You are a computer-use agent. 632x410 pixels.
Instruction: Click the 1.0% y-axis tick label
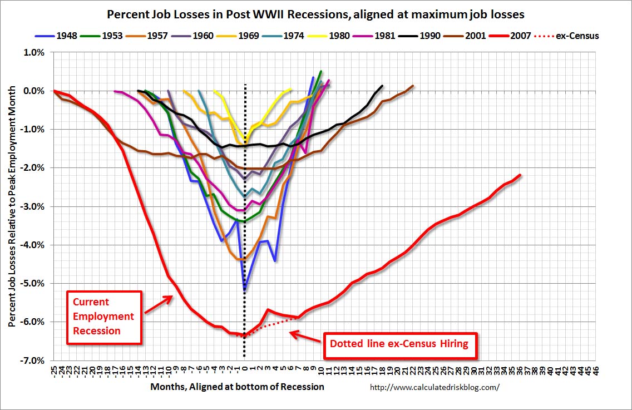(33, 52)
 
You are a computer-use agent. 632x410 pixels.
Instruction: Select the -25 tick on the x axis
(54, 372)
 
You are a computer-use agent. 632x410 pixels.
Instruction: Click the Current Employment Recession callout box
(104, 317)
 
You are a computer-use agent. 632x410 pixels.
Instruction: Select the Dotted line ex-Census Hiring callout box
(399, 343)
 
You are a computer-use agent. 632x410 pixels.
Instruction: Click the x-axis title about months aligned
(237, 387)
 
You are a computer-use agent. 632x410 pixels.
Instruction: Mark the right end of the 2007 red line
(520, 175)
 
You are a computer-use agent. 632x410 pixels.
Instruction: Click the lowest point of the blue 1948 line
(245, 290)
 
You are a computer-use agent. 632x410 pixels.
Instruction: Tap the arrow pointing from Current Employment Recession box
(159, 304)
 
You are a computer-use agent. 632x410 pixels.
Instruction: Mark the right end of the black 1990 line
(383, 86)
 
